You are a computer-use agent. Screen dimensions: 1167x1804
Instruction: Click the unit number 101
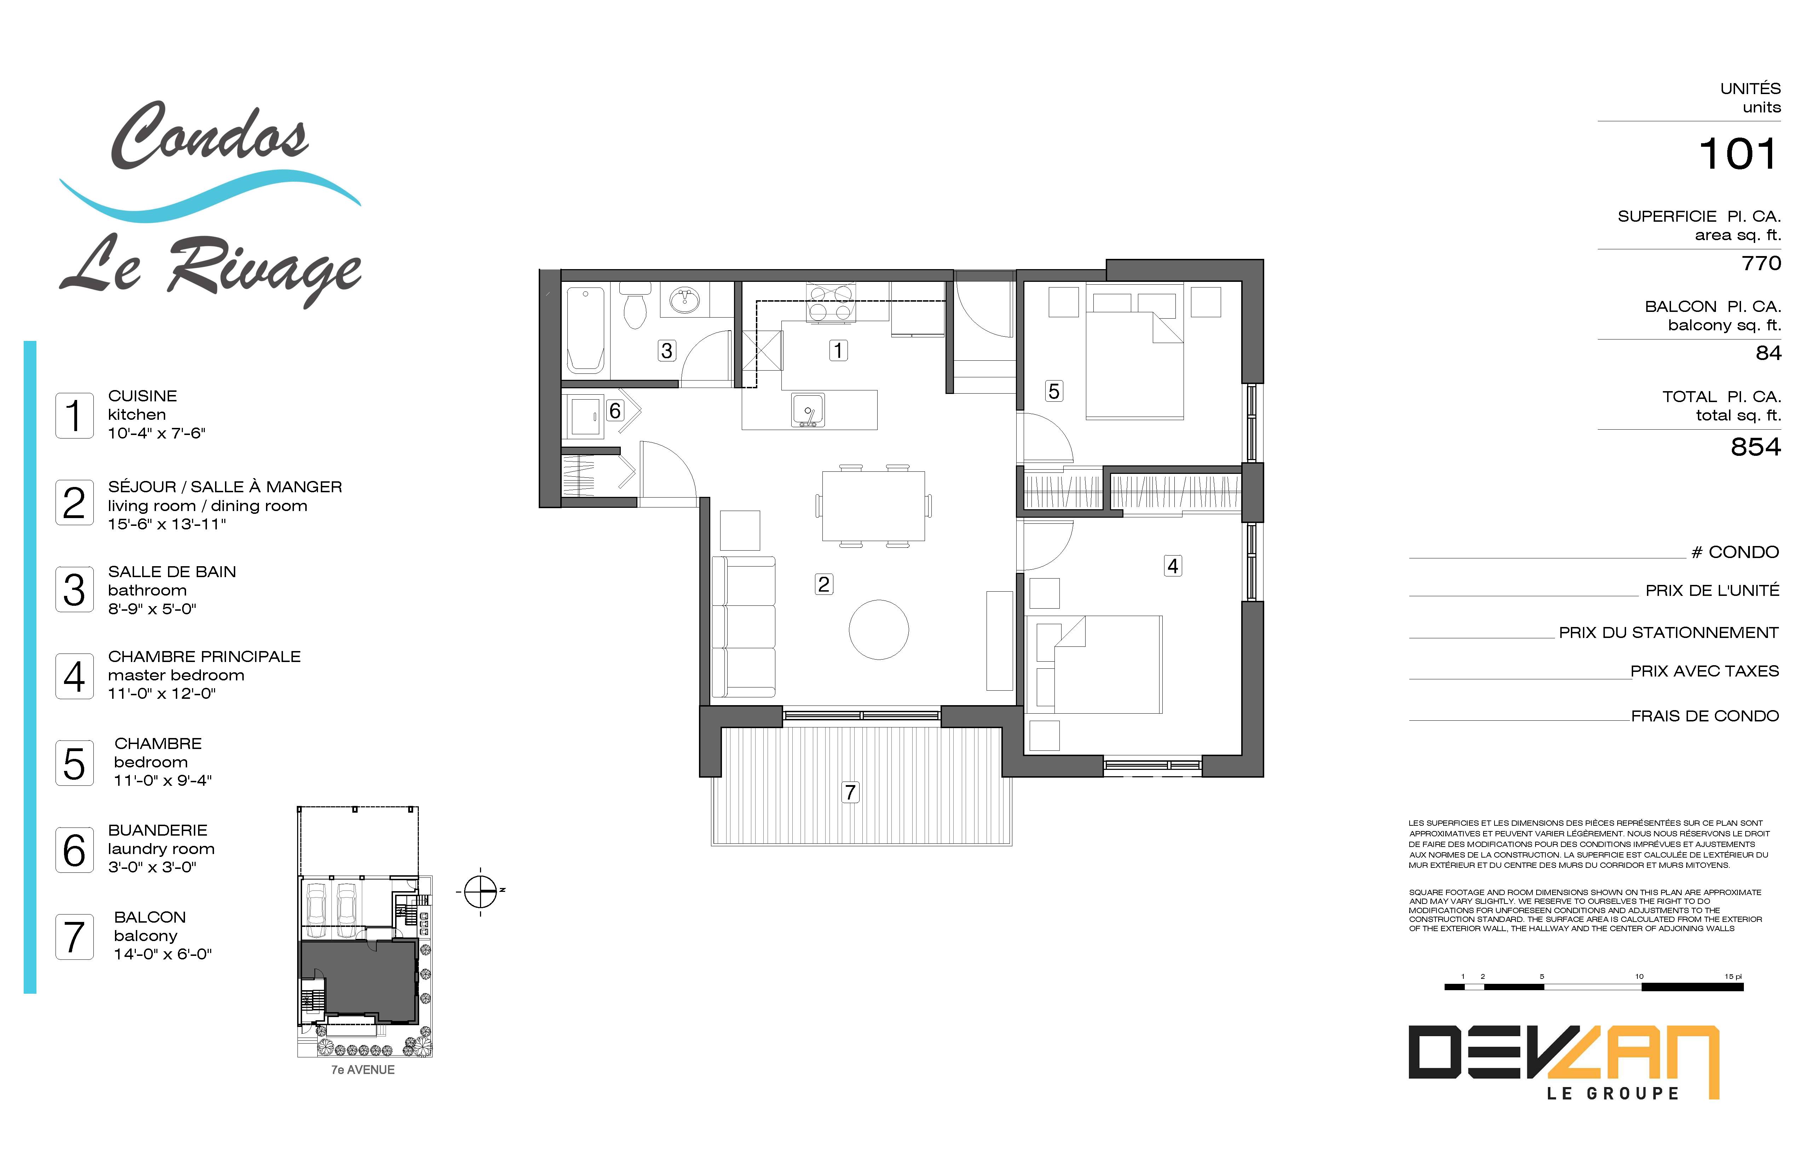tap(1737, 155)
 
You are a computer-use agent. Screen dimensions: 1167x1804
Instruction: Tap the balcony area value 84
tap(1768, 353)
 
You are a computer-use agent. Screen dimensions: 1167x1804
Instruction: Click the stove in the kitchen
tap(831, 302)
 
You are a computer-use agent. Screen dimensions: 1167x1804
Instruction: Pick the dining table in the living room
tap(873, 505)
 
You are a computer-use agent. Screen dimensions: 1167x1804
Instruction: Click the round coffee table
tap(879, 630)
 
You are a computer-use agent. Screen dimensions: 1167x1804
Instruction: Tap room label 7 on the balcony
tap(850, 792)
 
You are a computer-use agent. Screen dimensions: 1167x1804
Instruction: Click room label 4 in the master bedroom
tap(1173, 566)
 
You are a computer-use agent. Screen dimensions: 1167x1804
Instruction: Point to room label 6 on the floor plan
tap(615, 411)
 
